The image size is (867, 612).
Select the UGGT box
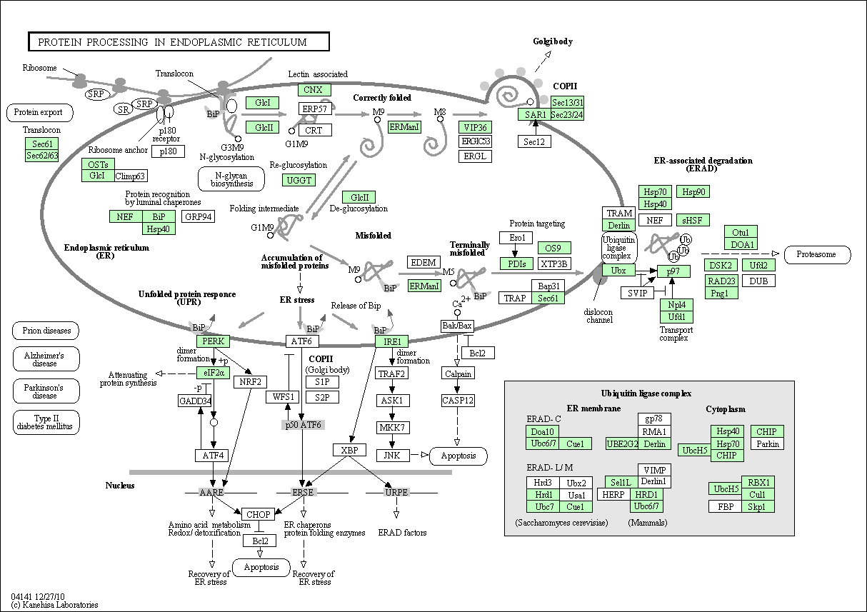(x=299, y=180)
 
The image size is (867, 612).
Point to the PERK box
(x=214, y=341)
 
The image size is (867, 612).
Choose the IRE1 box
(x=391, y=341)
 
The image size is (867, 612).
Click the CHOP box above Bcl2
(x=258, y=514)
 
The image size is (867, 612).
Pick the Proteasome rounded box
(x=817, y=254)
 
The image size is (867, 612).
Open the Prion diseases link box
(x=46, y=331)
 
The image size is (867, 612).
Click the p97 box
(x=673, y=271)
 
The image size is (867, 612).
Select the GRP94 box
(x=198, y=216)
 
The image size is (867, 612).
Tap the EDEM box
(x=424, y=262)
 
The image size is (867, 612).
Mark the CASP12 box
(x=458, y=401)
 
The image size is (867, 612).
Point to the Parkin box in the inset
(x=767, y=443)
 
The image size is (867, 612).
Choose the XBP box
(x=350, y=450)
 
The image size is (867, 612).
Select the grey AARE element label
(x=211, y=493)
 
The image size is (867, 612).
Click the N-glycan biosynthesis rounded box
(x=231, y=179)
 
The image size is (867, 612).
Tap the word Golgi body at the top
(x=553, y=41)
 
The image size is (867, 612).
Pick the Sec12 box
(x=534, y=141)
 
